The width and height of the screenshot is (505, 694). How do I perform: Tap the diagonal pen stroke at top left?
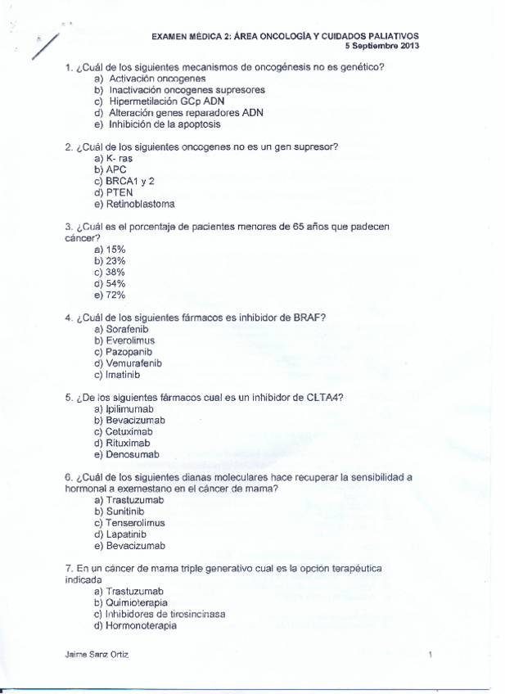[45, 47]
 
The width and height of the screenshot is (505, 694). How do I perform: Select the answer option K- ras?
[119, 158]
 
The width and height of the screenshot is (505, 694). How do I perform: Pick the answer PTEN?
[119, 192]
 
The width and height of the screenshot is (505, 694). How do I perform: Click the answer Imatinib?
[123, 374]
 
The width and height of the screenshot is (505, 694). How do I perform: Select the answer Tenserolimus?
[135, 522]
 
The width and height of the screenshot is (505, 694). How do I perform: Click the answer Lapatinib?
[126, 534]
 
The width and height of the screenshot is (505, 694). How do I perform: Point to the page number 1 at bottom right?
[430, 655]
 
